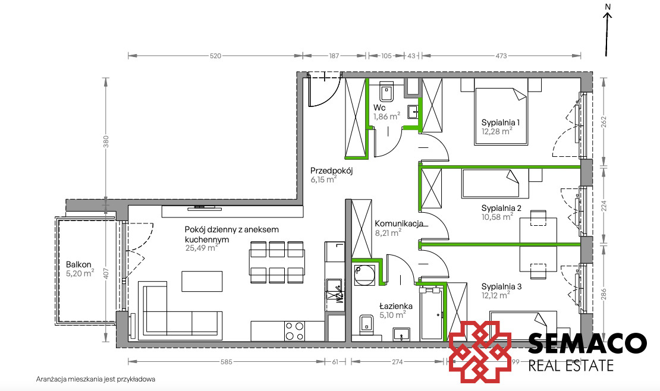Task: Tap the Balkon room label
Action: click(x=78, y=264)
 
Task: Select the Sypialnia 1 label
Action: click(x=501, y=122)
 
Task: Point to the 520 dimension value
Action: click(x=215, y=55)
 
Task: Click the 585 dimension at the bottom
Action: click(x=227, y=361)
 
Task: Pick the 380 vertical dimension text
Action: click(x=106, y=141)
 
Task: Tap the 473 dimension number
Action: click(x=501, y=55)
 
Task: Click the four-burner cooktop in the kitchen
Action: click(x=295, y=331)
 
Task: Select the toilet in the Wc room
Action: click(x=386, y=92)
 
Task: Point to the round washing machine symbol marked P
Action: click(x=364, y=275)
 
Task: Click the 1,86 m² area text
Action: click(x=387, y=116)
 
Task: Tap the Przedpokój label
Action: click(x=331, y=171)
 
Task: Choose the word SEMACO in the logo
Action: click(x=587, y=344)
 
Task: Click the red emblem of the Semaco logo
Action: click(x=480, y=352)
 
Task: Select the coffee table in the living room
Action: click(x=202, y=281)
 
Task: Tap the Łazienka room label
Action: click(x=395, y=306)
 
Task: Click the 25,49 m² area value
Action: click(x=202, y=248)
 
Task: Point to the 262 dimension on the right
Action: click(x=604, y=122)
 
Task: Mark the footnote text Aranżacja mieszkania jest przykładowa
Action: click(x=96, y=379)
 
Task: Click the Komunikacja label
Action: click(x=399, y=223)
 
